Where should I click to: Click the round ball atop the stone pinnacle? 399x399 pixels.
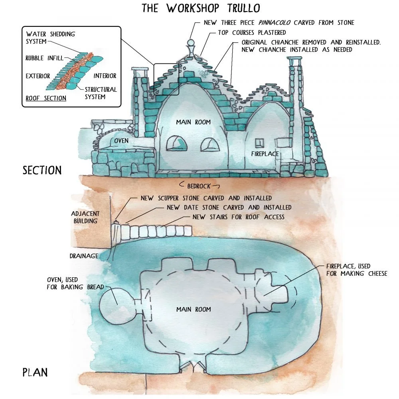(191, 42)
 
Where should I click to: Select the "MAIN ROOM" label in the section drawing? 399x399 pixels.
(193, 122)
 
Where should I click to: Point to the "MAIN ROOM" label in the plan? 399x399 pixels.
(194, 309)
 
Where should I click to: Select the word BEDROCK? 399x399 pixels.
(199, 186)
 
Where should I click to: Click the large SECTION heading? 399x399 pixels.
(42, 170)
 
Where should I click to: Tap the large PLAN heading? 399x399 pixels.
(35, 373)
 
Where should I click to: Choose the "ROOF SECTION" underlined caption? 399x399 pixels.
(46, 98)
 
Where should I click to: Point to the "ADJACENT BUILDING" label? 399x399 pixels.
(85, 217)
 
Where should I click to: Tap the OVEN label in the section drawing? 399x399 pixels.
(121, 141)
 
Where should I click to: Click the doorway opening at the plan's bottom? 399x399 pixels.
(193, 365)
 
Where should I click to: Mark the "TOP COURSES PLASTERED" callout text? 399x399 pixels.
(252, 32)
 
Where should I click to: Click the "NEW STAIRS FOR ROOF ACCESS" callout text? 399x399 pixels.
(239, 217)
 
